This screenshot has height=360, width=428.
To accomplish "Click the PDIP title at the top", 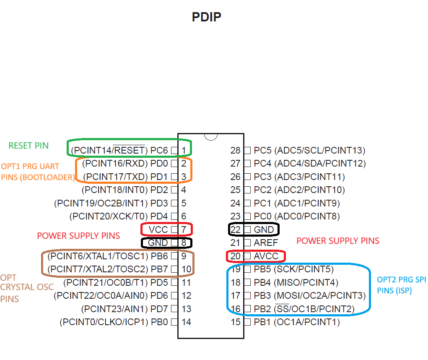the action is pyautogui.click(x=206, y=17).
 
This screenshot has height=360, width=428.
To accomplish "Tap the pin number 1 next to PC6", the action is pyautogui.click(x=184, y=150).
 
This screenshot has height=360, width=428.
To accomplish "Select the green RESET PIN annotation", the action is pyautogui.click(x=29, y=146).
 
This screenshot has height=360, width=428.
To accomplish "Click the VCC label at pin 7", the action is pyautogui.click(x=158, y=230).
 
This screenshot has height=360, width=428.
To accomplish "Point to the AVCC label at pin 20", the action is pyautogui.click(x=266, y=256).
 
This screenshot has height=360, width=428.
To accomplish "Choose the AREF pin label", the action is pyautogui.click(x=266, y=243).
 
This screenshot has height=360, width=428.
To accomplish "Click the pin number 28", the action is pyautogui.click(x=235, y=150).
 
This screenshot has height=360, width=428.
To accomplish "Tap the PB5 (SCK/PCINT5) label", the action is pyautogui.click(x=294, y=269).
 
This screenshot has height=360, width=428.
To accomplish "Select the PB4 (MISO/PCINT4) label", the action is pyautogui.click(x=296, y=282).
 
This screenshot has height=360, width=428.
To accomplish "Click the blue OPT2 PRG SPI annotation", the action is pyautogui.click(x=401, y=285).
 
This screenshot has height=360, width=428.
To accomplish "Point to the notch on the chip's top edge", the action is pyautogui.click(x=211, y=136).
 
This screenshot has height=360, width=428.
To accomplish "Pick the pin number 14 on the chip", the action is pyautogui.click(x=186, y=322).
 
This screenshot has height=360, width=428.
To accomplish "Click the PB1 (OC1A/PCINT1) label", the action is pyautogui.click(x=297, y=322).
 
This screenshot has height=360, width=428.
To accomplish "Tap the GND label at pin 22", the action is pyautogui.click(x=264, y=230).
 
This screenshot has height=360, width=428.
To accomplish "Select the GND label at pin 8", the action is pyautogui.click(x=158, y=243).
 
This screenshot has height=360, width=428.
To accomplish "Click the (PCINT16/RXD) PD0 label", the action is pyautogui.click(x=125, y=163).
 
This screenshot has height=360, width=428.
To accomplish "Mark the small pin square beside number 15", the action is pyautogui.click(x=247, y=322).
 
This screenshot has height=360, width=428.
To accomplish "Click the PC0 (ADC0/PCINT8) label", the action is pyautogui.click(x=297, y=217).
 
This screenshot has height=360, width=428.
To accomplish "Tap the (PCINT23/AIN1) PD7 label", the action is pyautogui.click(x=125, y=309).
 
